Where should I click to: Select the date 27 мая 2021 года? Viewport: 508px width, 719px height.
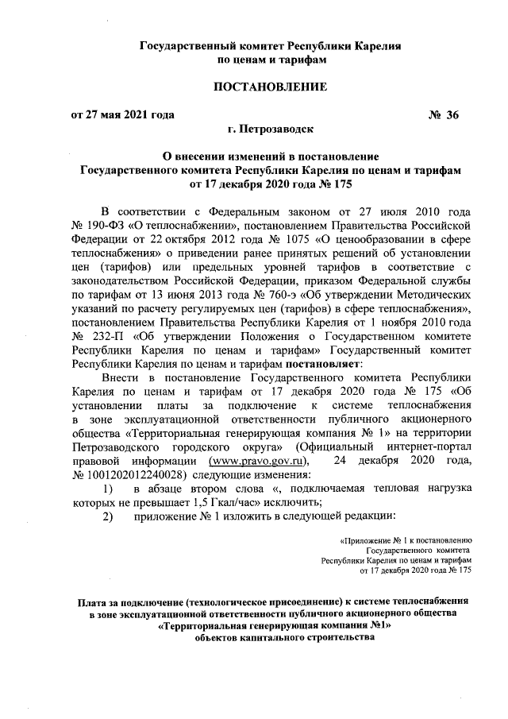tap(129, 115)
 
